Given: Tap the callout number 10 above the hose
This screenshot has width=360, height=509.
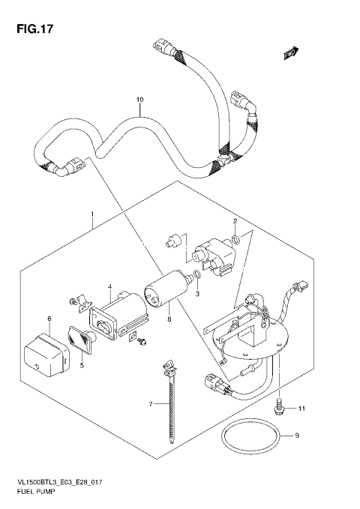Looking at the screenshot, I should pyautogui.click(x=139, y=100).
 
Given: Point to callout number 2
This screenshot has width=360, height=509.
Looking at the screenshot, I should pyautogui.click(x=235, y=221).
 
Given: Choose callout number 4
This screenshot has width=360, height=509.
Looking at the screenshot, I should pyautogui.click(x=110, y=287).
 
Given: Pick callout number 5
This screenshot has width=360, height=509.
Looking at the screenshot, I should pyautogui.click(x=82, y=367).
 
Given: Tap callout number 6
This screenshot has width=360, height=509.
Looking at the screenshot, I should pyautogui.click(x=49, y=319).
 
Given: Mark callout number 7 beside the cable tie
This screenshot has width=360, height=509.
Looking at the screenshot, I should pyautogui.click(x=150, y=404).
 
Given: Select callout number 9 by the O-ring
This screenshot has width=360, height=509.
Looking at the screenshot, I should pyautogui.click(x=297, y=435).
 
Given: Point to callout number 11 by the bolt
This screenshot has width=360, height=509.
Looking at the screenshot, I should pyautogui.click(x=302, y=409).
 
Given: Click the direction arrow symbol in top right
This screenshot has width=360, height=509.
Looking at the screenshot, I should pyautogui.click(x=290, y=51).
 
